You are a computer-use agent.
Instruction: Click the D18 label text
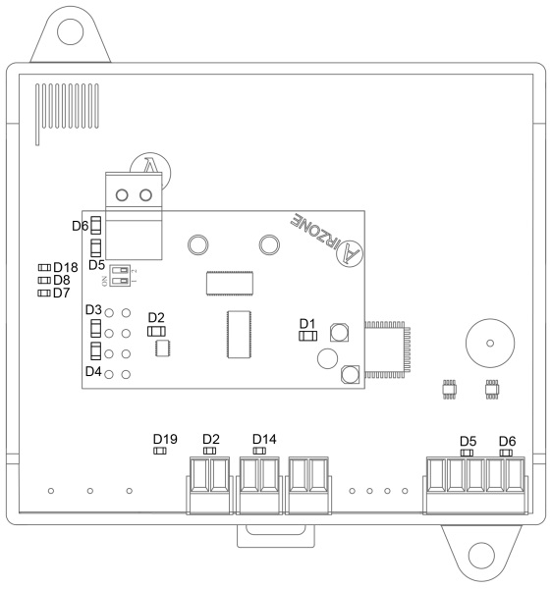pyautogui.click(x=66, y=267)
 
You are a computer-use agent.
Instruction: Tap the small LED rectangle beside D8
pyautogui.click(x=44, y=280)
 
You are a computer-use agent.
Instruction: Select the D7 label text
pyautogui.click(x=62, y=293)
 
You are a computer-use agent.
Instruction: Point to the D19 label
pyautogui.click(x=165, y=439)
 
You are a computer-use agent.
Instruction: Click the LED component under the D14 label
pyautogui.click(x=259, y=451)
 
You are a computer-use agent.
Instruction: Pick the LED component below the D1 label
pyautogui.click(x=307, y=336)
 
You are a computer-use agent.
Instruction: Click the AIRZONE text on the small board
pyautogui.click(x=312, y=232)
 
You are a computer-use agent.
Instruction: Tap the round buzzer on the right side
pyautogui.click(x=490, y=344)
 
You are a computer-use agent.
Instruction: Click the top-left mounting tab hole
pyautogui.click(x=71, y=31)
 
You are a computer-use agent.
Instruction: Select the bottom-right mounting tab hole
pyautogui.click(x=481, y=556)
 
